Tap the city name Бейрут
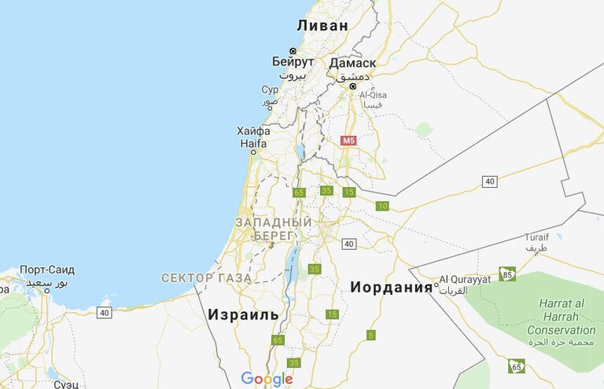pyautogui.click(x=293, y=61)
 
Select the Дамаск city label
pyautogui.click(x=352, y=63)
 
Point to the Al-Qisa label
pyautogui.click(x=373, y=95)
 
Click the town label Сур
pyautogui.click(x=270, y=90)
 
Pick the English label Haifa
pyautogui.click(x=253, y=144)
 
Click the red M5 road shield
pyautogui.click(x=348, y=141)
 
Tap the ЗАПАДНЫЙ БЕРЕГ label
pyautogui.click(x=274, y=229)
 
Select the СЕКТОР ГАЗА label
pyautogui.click(x=206, y=277)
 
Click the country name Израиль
pyautogui.click(x=243, y=314)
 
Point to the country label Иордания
pyautogui.click(x=392, y=287)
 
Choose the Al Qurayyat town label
pyautogui.click(x=464, y=279)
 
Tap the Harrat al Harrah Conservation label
pyautogui.click(x=561, y=317)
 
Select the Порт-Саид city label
pyautogui.click(x=47, y=270)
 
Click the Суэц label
pyautogui.click(x=66, y=384)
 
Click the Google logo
pyautogui.click(x=267, y=379)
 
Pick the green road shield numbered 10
pyautogui.click(x=382, y=207)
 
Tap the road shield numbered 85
pyautogui.click(x=508, y=274)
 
